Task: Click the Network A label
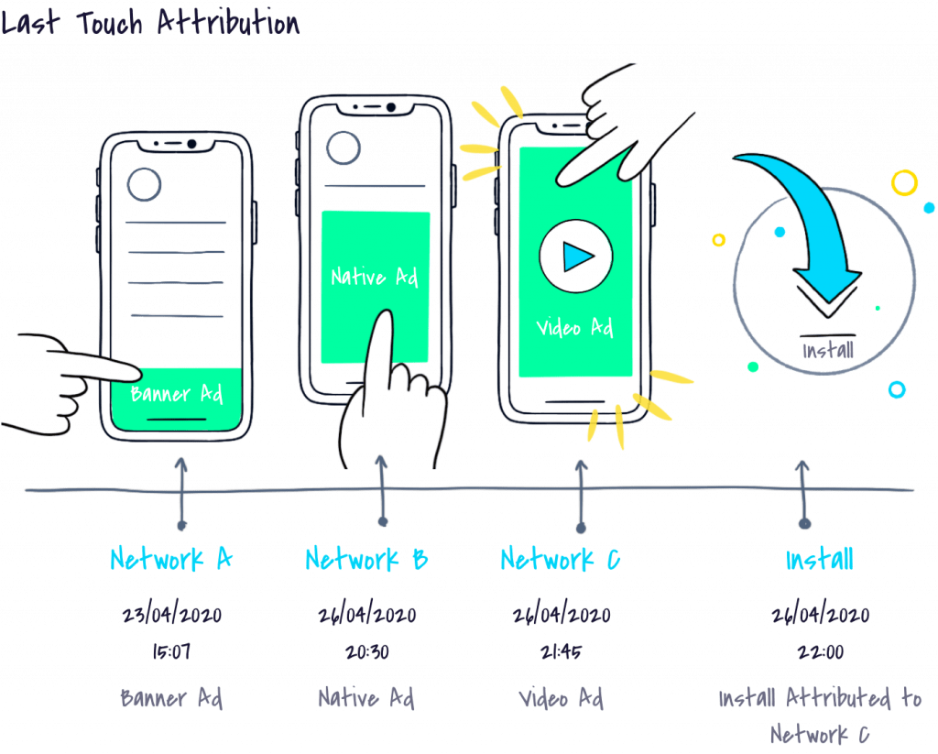[x=171, y=559]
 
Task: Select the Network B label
[x=366, y=559]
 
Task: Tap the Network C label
[x=560, y=559]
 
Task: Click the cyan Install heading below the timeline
[x=819, y=559]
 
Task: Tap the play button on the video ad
[x=576, y=256]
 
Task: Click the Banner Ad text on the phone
[x=177, y=394]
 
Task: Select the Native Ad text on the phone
[x=374, y=276]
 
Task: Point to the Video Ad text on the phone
[x=574, y=327]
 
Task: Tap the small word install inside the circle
[x=828, y=350]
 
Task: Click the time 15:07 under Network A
[x=171, y=652]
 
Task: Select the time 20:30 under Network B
[x=366, y=652]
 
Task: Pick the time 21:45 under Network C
[x=560, y=652]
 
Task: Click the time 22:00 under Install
[x=819, y=652]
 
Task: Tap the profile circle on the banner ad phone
[x=145, y=184]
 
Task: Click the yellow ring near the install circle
[x=904, y=182]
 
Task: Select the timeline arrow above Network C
[x=580, y=495]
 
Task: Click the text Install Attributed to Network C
[x=819, y=716]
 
